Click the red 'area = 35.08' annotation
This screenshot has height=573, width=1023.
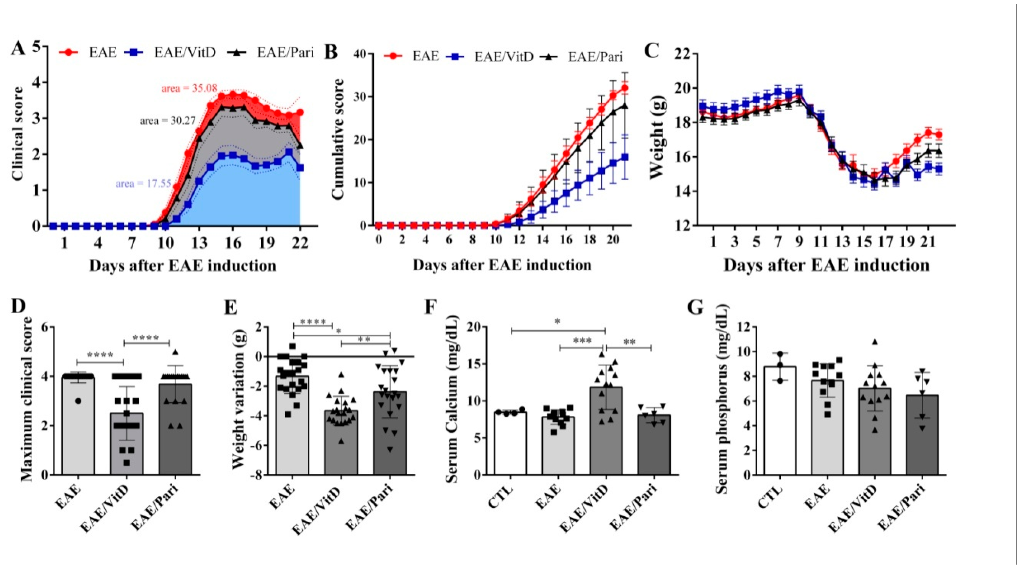(189, 88)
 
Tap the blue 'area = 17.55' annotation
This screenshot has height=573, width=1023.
(143, 184)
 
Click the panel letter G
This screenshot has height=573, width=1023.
(695, 308)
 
